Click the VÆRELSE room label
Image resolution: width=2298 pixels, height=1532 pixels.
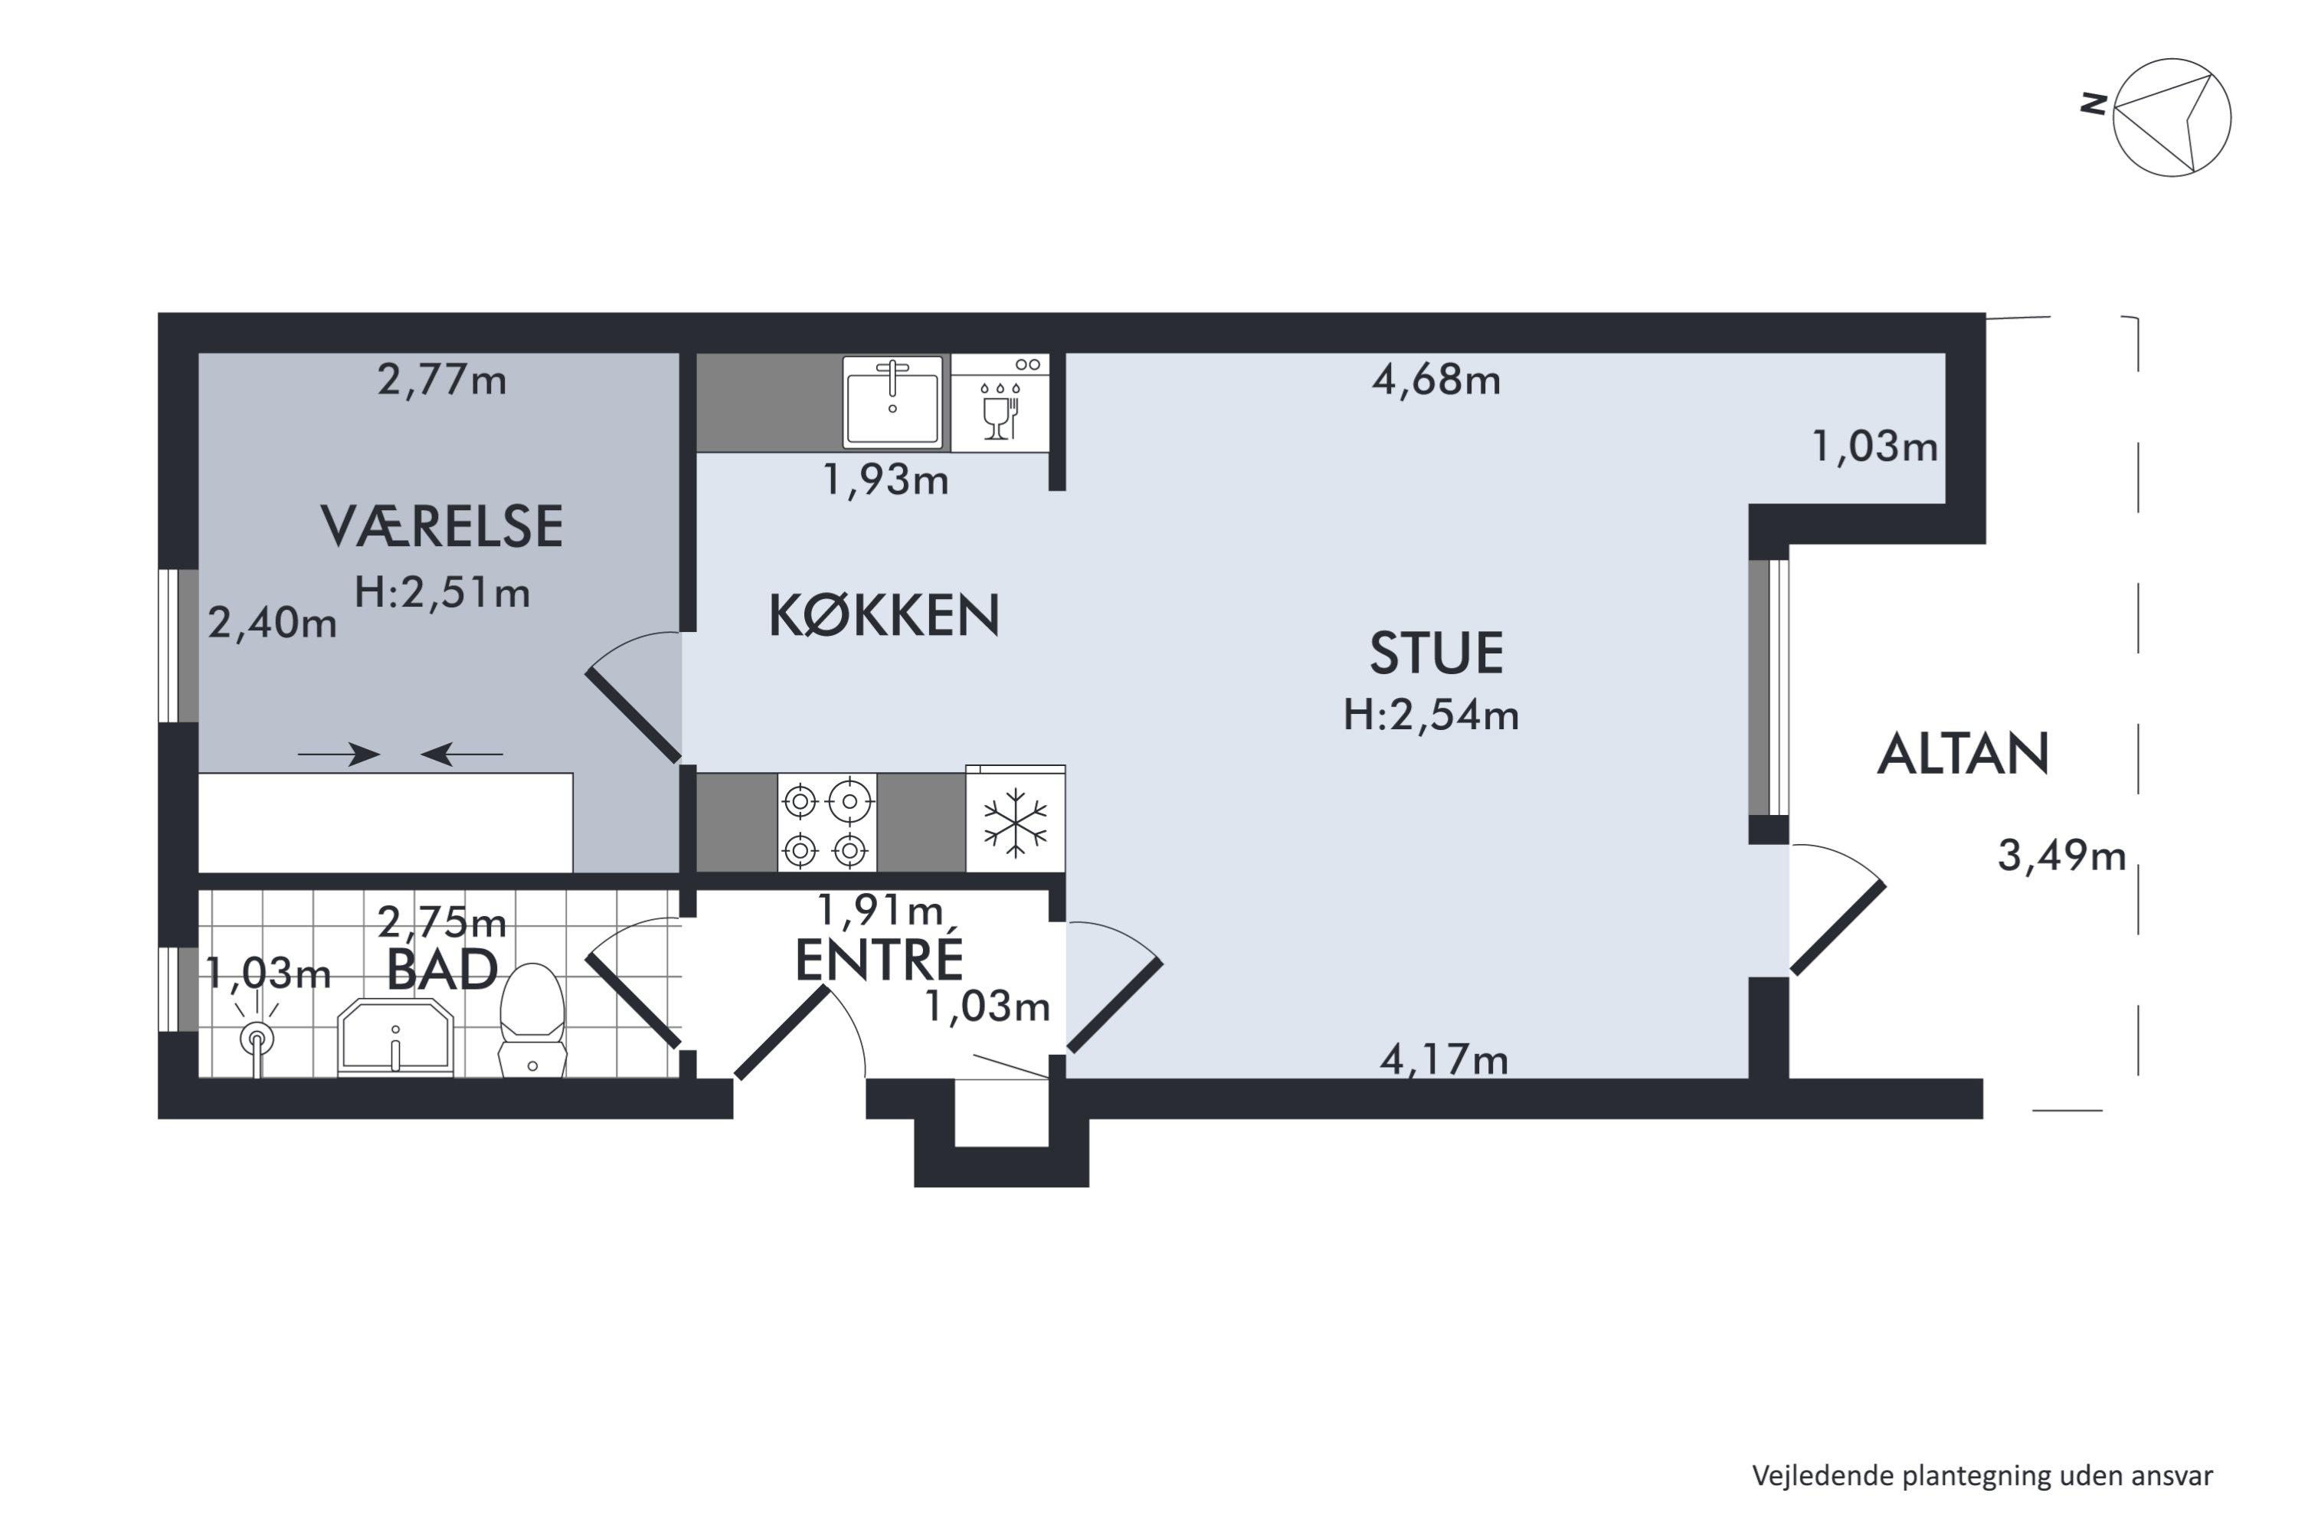click(442, 527)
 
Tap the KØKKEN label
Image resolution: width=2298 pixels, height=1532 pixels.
click(883, 616)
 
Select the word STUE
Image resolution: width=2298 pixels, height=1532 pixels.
click(1435, 653)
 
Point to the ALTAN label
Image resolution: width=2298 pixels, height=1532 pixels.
click(1962, 755)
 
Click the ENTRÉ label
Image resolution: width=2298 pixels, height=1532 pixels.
click(879, 961)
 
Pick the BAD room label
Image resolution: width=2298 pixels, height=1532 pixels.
click(442, 971)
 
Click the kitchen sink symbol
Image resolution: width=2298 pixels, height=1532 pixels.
click(893, 401)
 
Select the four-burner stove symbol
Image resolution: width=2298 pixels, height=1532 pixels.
click(827, 823)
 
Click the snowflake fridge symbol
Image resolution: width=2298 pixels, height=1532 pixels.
click(1015, 819)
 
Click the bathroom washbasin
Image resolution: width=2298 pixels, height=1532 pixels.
click(396, 1038)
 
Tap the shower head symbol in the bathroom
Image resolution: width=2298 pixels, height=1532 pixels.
click(257, 1039)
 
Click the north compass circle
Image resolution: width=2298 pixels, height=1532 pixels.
click(2171, 118)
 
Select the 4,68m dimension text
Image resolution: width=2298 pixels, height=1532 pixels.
click(1435, 380)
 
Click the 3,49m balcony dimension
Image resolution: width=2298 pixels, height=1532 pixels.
click(2061, 857)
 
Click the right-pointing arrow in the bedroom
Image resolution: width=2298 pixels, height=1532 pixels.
click(338, 755)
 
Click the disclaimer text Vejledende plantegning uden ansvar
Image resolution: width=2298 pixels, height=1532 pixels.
click(1982, 1475)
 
